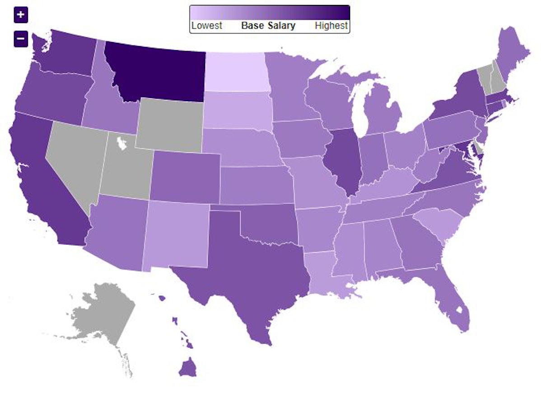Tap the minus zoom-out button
pyautogui.click(x=21, y=39)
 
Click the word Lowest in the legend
pyautogui.click(x=206, y=26)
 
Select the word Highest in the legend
pyautogui.click(x=332, y=26)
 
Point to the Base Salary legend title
pyautogui.click(x=268, y=26)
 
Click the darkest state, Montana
pyautogui.click(x=156, y=72)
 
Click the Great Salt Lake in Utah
pyautogui.click(x=121, y=144)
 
